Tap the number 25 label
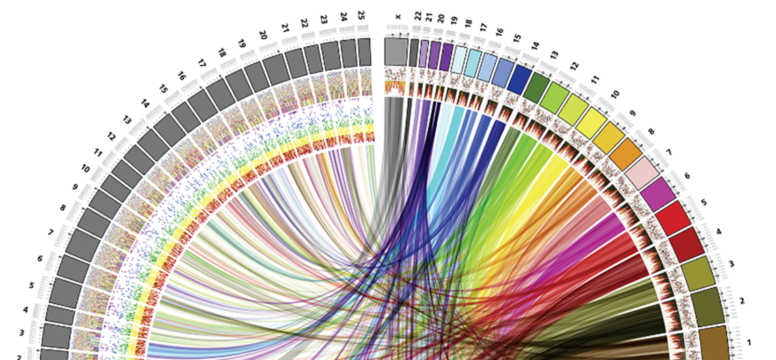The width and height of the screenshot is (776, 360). [x=361, y=14]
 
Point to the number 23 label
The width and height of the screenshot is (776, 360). [x=323, y=19]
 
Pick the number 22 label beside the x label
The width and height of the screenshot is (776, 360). [x=417, y=15]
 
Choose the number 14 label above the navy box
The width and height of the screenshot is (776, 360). [x=535, y=46]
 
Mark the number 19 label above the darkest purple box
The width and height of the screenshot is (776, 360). [x=454, y=21]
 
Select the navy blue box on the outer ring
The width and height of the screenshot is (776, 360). [x=520, y=74]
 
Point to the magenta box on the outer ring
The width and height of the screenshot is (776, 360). [x=656, y=193]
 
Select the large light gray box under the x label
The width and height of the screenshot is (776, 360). [x=397, y=51]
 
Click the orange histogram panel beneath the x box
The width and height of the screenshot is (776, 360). [x=396, y=87]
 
